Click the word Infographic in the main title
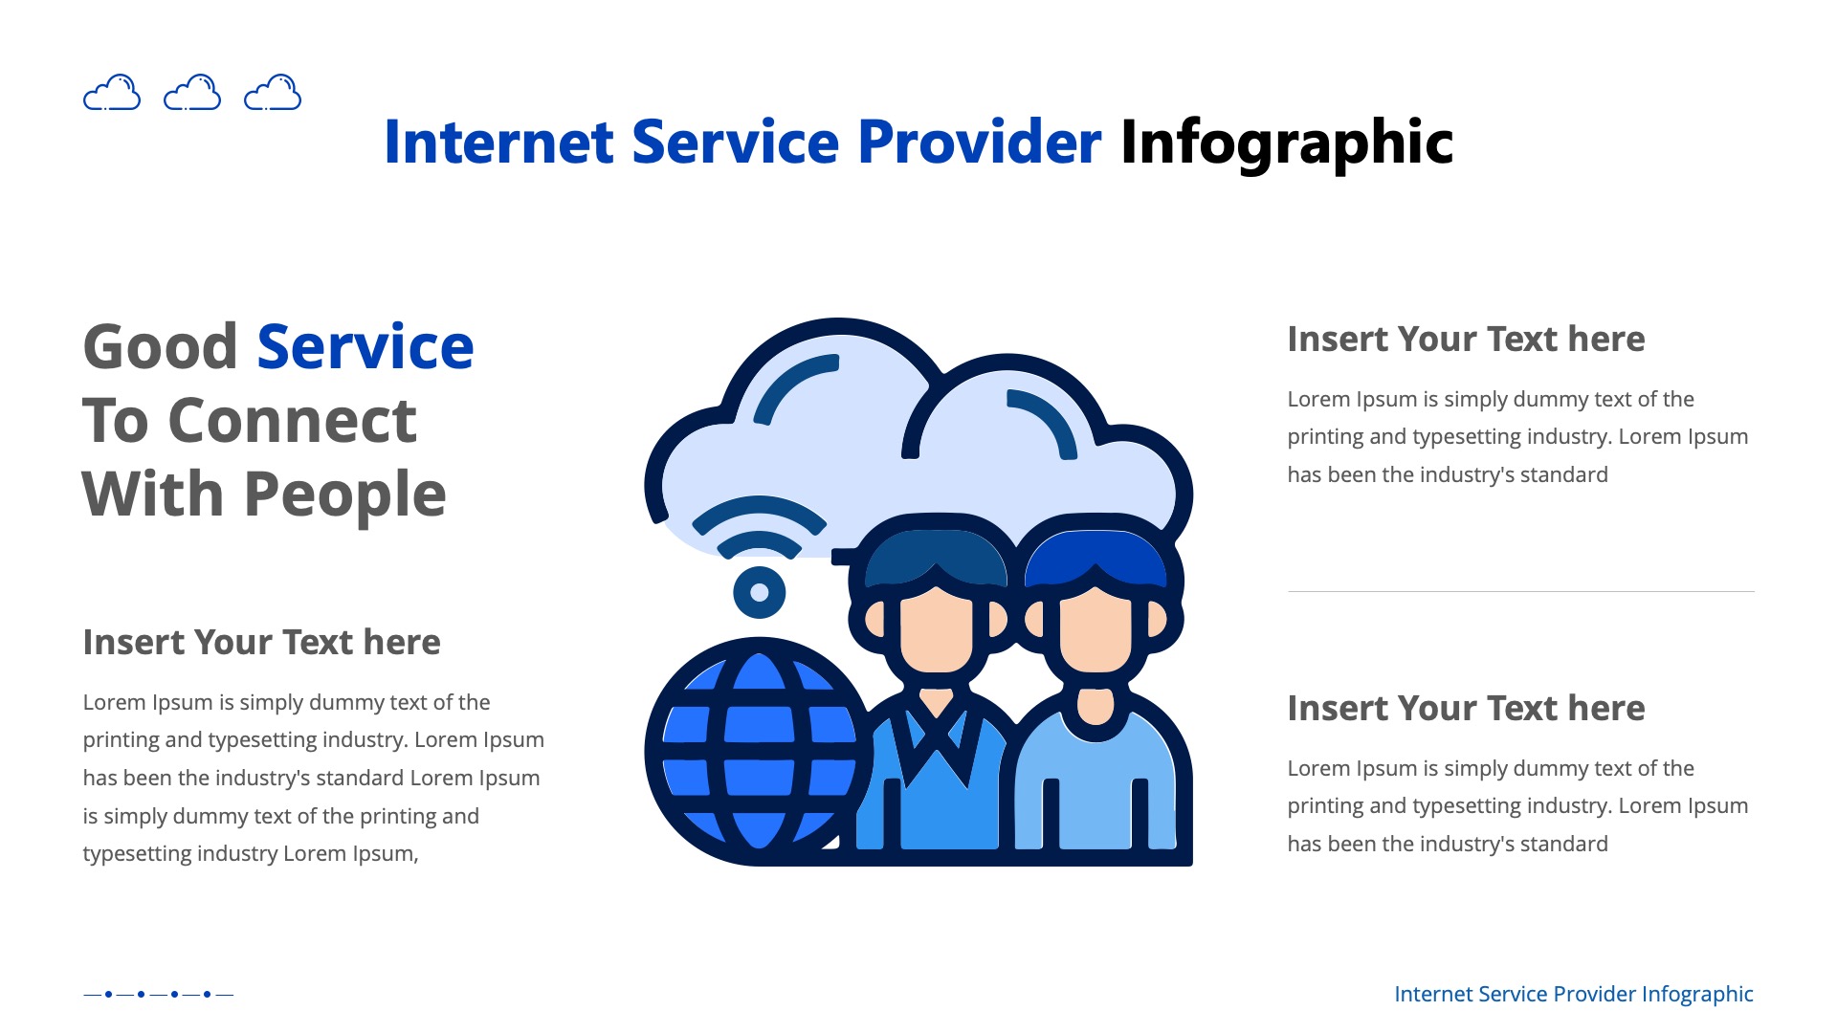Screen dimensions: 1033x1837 coord(1286,143)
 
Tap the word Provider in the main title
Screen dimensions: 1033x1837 coord(979,143)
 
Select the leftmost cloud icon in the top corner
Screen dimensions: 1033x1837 coord(112,93)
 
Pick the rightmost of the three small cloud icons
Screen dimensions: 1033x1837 coord(273,93)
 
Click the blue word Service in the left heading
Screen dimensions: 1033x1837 coord(365,346)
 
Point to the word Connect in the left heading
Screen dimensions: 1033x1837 coord(292,421)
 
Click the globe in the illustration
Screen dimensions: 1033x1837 coord(758,752)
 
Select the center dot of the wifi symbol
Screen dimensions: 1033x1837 coord(760,593)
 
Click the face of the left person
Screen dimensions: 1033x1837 coord(935,626)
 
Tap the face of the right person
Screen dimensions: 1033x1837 coord(1096,626)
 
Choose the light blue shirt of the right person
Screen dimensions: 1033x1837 coord(1096,784)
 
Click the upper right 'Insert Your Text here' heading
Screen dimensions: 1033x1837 coord(1466,340)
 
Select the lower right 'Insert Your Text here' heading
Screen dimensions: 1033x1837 coord(1466,709)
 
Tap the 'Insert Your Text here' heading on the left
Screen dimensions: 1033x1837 coord(261,643)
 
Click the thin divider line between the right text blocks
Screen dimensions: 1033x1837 coord(1520,591)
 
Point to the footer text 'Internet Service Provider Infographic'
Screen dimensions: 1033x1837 coord(1573,995)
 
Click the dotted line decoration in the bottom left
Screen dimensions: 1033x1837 coord(158,995)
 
